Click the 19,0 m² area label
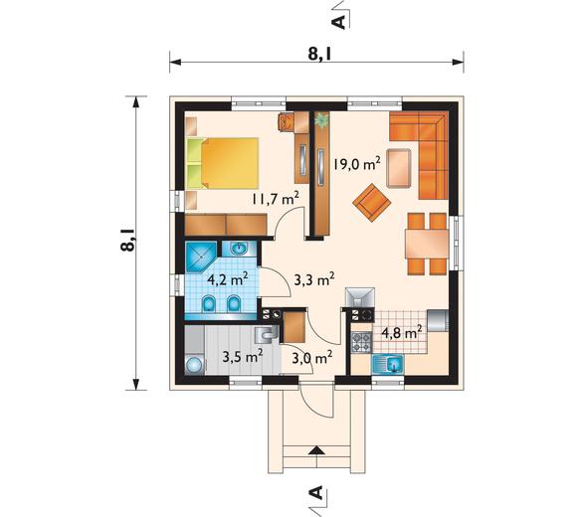pos(357,163)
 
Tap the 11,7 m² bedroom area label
pos(276,199)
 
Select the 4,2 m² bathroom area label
pos(228,278)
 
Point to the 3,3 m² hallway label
pos(314,279)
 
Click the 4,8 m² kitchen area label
pos(402,332)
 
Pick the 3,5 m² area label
pos(243,357)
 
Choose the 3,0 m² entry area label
pos(311,359)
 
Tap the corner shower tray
pos(201,258)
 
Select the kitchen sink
pos(388,364)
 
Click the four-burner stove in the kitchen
pos(362,342)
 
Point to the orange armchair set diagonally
pos(372,203)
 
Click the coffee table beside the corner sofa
pos(399,168)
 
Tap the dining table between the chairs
pos(427,244)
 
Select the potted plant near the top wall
pos(321,120)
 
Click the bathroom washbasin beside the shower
pos(239,248)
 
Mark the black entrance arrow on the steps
pos(316,450)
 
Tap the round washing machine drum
pos(195,365)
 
